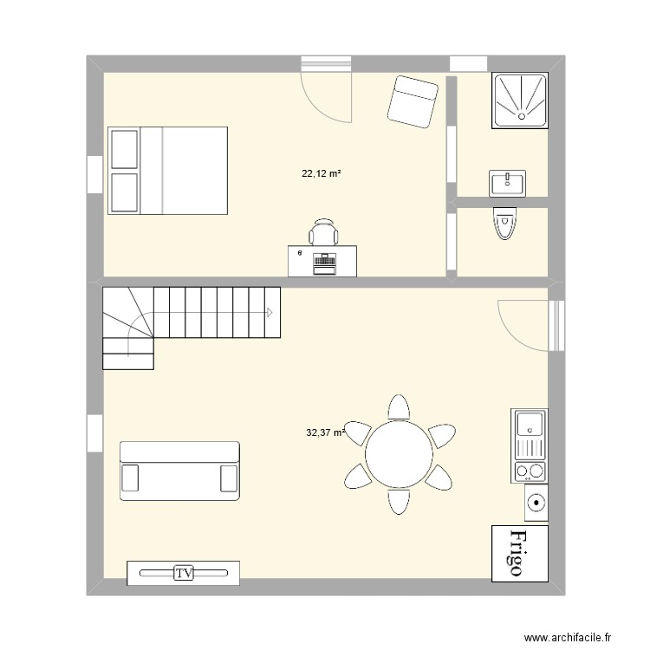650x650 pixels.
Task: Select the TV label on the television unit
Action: (x=183, y=573)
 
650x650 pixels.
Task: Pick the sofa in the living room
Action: (x=179, y=470)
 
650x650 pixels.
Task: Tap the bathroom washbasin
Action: (x=507, y=183)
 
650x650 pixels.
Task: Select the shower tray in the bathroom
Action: (x=521, y=101)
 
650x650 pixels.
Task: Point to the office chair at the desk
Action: (x=324, y=232)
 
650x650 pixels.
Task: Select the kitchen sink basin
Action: (x=529, y=425)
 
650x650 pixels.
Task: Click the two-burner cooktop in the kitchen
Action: (x=530, y=471)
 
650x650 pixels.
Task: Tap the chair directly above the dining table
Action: (x=399, y=408)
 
